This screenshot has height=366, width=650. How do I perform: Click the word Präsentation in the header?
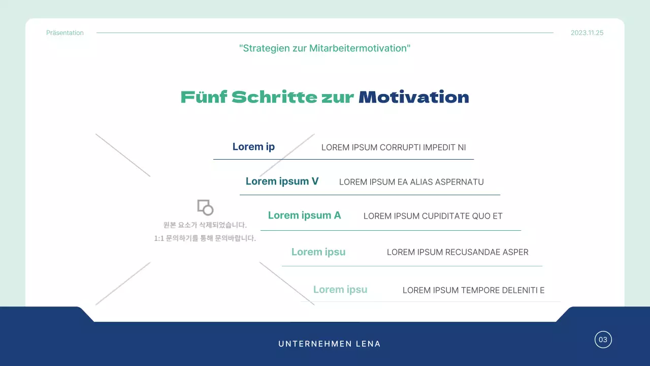tap(65, 33)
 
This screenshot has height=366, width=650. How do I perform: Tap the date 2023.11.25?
tap(587, 33)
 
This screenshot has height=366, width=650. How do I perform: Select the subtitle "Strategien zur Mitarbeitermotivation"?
tap(325, 48)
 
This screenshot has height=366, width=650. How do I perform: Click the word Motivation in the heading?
tap(414, 97)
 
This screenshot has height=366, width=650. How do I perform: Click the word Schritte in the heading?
tap(274, 97)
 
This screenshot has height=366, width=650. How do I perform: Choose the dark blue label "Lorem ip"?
tap(253, 147)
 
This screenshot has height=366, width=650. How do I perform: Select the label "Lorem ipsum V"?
tap(282, 181)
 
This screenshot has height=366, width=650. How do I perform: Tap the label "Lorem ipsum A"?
tap(304, 216)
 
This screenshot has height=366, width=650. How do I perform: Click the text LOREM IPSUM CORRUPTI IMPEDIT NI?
tap(394, 148)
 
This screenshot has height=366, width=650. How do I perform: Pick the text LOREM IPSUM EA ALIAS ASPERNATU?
tap(411, 182)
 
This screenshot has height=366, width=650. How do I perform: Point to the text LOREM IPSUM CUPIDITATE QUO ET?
tap(433, 216)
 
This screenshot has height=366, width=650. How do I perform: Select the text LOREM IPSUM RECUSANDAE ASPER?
tap(458, 252)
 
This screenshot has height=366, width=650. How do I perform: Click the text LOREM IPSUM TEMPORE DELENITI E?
tap(473, 291)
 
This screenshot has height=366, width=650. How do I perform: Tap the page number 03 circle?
tap(603, 340)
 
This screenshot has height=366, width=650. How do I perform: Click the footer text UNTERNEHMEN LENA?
tap(330, 344)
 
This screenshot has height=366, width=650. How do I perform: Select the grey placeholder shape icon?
tap(205, 207)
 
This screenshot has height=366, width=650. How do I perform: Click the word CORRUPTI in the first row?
tap(400, 148)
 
